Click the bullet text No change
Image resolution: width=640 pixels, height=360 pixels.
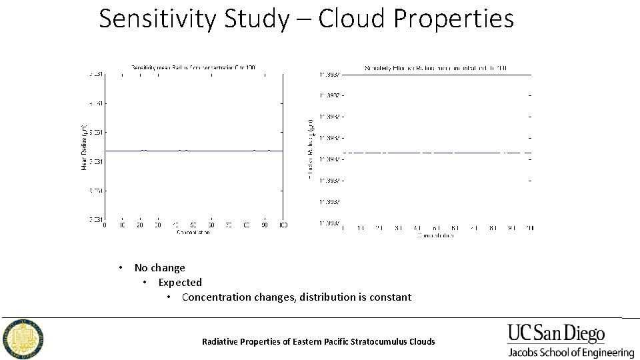(x=159, y=268)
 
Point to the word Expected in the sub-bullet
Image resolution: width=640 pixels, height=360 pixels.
(x=180, y=283)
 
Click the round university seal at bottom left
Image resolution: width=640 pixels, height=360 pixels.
(x=23, y=338)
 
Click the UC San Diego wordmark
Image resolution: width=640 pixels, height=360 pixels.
(x=556, y=334)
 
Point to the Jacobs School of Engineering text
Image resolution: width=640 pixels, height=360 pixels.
(x=571, y=353)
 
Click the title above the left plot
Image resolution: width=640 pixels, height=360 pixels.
(x=193, y=67)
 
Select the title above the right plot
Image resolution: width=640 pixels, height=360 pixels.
(x=436, y=67)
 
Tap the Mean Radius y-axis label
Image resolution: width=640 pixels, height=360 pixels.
(x=85, y=147)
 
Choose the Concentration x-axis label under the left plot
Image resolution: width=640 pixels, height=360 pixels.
(x=193, y=232)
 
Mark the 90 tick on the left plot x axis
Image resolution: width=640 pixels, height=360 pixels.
(x=265, y=225)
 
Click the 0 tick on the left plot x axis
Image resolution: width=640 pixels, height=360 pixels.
(x=105, y=225)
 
